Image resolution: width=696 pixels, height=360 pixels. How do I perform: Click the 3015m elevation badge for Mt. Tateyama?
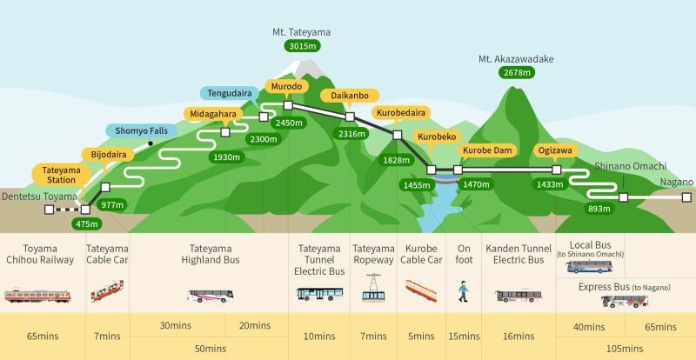click(302, 46)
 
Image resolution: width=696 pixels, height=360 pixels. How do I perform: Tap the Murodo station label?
click(286, 86)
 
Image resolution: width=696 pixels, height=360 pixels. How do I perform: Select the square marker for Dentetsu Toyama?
click(50, 210)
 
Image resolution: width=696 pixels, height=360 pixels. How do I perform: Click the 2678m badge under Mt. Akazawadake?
click(517, 72)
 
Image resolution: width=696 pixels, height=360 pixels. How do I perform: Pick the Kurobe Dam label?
click(487, 150)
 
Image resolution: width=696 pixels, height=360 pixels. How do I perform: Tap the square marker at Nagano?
click(686, 197)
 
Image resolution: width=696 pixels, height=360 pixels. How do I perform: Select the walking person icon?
click(464, 291)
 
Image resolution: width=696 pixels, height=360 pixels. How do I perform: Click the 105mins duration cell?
click(626, 348)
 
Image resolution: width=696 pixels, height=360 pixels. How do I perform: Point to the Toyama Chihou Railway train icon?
click(37, 296)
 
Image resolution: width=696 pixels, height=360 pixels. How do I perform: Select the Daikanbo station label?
click(350, 96)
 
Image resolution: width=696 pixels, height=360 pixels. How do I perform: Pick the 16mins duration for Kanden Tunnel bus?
click(519, 336)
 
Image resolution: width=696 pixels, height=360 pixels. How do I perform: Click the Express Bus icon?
click(625, 302)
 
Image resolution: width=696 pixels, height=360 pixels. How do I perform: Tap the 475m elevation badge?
click(86, 223)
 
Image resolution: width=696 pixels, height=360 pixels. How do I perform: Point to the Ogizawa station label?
click(555, 150)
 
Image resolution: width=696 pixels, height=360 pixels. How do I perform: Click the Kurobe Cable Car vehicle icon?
click(421, 290)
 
